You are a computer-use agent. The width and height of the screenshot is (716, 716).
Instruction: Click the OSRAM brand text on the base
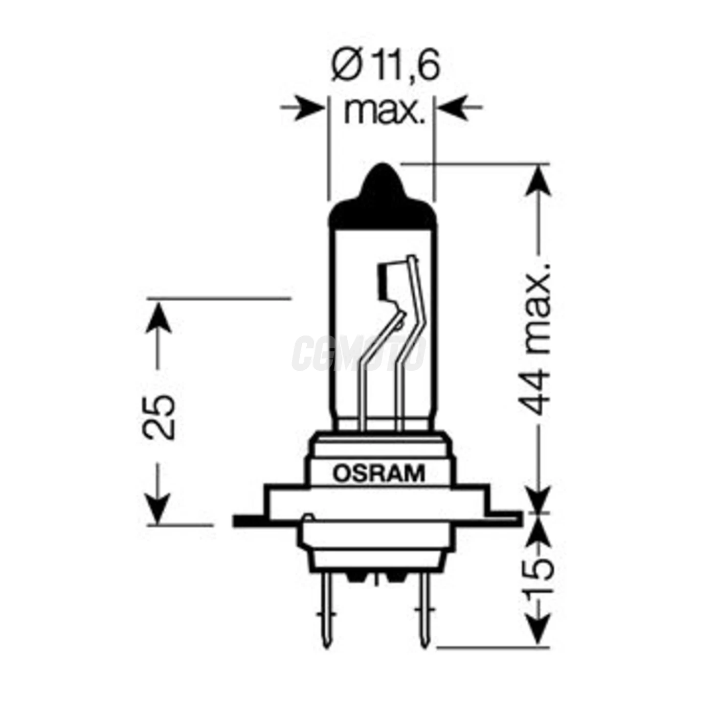pos(379,474)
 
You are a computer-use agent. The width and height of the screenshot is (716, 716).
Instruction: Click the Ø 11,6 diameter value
pos(385,65)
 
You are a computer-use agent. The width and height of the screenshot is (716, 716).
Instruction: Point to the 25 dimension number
pos(159,416)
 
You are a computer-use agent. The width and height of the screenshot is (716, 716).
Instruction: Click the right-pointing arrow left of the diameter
pos(304,108)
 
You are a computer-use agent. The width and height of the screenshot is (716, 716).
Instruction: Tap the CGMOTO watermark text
pos(358,353)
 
